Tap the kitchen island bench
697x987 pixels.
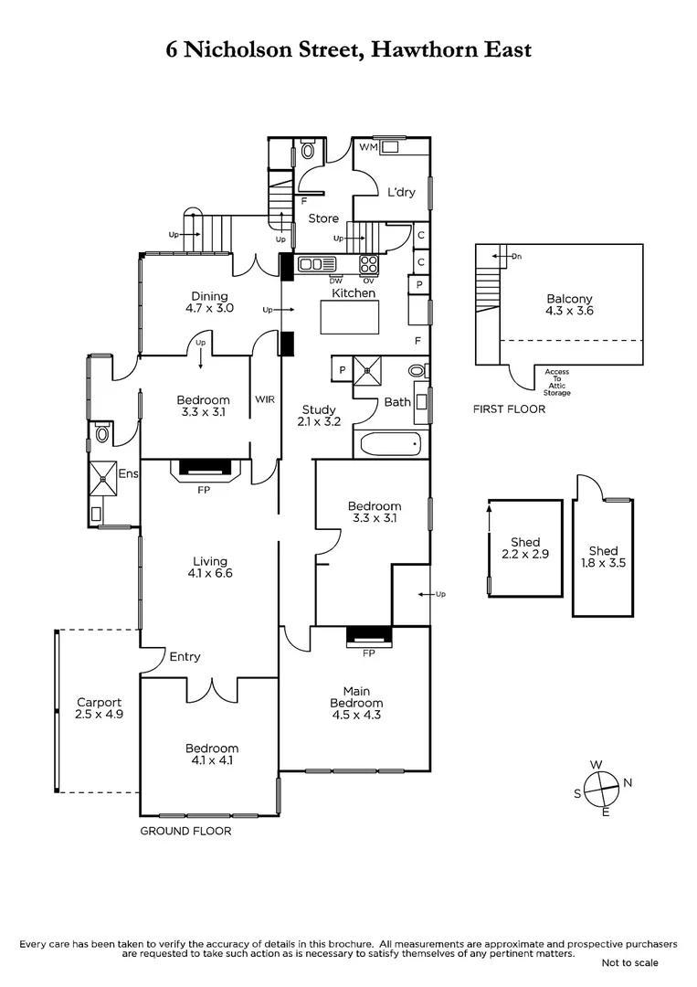point(350,317)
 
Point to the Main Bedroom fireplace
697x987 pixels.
point(369,636)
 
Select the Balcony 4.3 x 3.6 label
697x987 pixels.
point(569,304)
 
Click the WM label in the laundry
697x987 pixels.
point(368,146)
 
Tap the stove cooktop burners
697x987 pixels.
point(369,264)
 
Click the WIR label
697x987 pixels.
point(265,399)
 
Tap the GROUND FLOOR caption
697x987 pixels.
point(185,831)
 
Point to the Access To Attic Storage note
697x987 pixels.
point(556,382)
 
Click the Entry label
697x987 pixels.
point(185,656)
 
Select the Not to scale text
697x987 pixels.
point(629,962)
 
